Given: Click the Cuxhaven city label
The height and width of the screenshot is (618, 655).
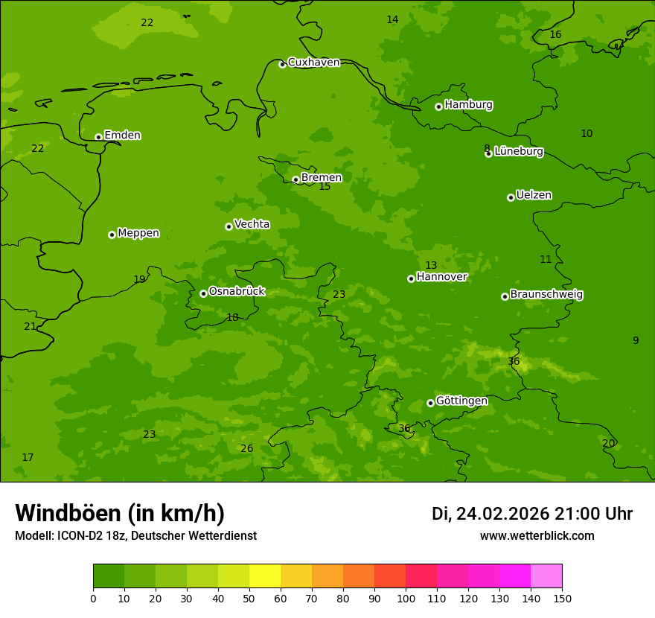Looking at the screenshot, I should click(x=313, y=63).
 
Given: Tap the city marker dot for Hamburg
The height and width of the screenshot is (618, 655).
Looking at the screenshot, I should click(x=438, y=106).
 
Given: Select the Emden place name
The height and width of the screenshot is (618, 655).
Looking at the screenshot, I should click(x=122, y=136).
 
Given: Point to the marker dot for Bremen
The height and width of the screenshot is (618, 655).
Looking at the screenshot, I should click(x=295, y=179).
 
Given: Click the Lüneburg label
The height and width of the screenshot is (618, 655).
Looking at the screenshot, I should click(x=518, y=151).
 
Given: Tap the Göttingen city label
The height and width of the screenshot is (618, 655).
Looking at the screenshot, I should click(x=461, y=401).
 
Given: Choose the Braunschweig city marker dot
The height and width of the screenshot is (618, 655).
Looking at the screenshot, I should click(x=505, y=296).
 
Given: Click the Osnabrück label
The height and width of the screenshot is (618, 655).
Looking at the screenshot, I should click(x=237, y=292).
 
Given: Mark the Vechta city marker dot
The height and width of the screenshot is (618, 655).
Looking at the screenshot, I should click(x=229, y=226).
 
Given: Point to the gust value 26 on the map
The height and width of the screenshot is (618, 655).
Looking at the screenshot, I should click(x=246, y=448).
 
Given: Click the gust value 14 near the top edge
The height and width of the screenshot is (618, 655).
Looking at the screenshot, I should click(x=392, y=19).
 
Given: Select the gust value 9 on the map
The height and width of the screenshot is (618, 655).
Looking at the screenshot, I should click(x=636, y=340).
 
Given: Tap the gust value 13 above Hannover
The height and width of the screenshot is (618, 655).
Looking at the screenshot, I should click(x=431, y=265).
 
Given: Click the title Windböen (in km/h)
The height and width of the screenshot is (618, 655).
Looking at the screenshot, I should click(x=120, y=513).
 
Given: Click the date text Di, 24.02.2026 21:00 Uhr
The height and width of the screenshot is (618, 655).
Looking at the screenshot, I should click(x=531, y=514).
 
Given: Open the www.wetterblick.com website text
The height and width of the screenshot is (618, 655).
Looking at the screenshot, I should click(x=537, y=536).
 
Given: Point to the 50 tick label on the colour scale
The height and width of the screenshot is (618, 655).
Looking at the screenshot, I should click(x=249, y=598).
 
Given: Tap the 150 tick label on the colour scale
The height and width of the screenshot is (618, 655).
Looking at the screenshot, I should click(x=562, y=598).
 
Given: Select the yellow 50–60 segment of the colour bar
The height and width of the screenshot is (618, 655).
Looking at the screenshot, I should click(x=265, y=576).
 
